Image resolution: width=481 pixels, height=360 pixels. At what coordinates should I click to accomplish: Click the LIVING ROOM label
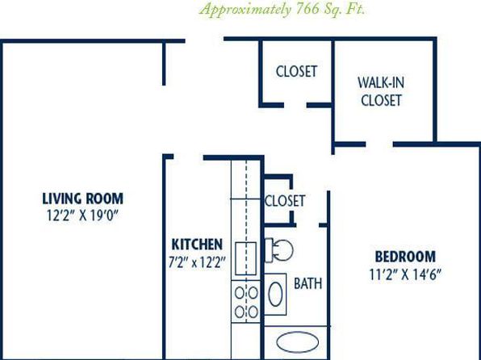tap(83, 199)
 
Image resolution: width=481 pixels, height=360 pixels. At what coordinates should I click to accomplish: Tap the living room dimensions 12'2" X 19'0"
tap(82, 216)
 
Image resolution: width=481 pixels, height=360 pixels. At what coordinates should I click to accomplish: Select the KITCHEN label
tap(197, 245)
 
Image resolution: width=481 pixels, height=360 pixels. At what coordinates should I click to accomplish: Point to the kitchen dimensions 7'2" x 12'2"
tap(197, 262)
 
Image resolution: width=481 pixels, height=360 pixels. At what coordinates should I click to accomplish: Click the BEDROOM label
tap(405, 257)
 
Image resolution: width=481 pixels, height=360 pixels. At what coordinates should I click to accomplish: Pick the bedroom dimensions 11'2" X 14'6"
tap(405, 274)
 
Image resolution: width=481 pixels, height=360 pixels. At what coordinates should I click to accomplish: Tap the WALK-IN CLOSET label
tap(381, 91)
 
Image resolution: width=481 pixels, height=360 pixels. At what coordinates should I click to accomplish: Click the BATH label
tap(308, 283)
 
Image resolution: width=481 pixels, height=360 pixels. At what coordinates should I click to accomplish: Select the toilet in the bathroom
tap(278, 250)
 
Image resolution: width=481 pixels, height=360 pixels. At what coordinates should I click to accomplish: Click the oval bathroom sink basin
tap(275, 294)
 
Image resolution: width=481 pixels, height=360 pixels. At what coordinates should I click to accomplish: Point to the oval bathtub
tap(297, 342)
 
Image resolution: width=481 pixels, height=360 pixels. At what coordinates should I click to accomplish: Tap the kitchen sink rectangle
tap(245, 258)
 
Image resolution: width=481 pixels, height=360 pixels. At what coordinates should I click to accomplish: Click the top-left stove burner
tap(239, 293)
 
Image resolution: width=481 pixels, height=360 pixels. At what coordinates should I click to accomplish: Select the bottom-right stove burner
tap(253, 312)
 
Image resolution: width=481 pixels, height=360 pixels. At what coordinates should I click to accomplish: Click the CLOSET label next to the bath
tap(285, 201)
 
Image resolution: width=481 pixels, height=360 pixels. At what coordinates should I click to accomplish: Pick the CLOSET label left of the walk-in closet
tap(296, 72)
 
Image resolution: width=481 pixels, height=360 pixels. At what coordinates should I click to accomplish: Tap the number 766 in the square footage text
tap(307, 9)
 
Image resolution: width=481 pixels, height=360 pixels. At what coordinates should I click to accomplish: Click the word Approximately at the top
tap(245, 10)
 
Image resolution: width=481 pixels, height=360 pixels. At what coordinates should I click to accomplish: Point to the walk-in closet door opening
tap(379, 144)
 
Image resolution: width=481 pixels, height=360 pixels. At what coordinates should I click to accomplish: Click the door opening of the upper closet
tap(295, 105)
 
